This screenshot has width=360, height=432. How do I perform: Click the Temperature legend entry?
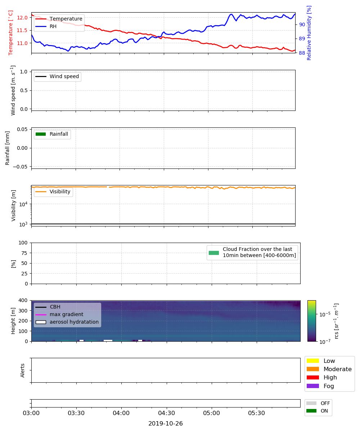59,19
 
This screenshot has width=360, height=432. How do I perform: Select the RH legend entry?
46,26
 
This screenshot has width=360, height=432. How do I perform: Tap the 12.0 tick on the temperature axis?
22,18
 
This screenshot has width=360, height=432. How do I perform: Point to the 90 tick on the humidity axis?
302,24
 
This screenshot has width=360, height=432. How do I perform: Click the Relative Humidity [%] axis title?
309,33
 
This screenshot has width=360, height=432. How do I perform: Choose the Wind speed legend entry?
57,77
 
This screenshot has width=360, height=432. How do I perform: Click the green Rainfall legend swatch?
41,134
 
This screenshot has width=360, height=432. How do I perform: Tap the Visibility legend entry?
53,192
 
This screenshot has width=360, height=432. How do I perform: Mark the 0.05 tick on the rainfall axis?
22,129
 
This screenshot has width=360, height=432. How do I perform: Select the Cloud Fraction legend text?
259,252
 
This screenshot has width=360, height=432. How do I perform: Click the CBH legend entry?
48,307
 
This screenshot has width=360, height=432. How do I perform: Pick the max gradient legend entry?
59,315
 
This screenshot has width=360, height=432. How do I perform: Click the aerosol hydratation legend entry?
67,322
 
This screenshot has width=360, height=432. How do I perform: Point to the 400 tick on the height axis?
23,300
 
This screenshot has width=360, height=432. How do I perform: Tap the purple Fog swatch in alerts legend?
312,386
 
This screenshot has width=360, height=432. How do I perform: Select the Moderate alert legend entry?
329,369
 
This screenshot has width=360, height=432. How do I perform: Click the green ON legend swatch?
311,411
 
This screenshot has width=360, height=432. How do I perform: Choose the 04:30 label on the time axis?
166,413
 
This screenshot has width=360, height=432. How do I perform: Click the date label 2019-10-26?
166,423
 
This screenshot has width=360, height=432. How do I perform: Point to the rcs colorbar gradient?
312,321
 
